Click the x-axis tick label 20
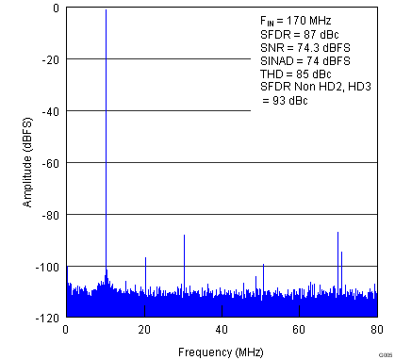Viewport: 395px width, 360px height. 144,330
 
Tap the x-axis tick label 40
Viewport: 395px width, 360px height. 222,330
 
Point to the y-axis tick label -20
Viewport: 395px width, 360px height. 51,59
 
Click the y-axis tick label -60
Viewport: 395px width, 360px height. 51,163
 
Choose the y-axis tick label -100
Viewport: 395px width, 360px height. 48,267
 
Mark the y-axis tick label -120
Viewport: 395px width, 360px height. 48,319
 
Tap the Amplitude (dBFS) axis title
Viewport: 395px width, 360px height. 28,163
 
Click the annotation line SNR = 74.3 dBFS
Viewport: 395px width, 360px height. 303,46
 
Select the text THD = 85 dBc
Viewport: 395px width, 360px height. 296,73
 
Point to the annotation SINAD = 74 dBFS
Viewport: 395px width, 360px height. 305,59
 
